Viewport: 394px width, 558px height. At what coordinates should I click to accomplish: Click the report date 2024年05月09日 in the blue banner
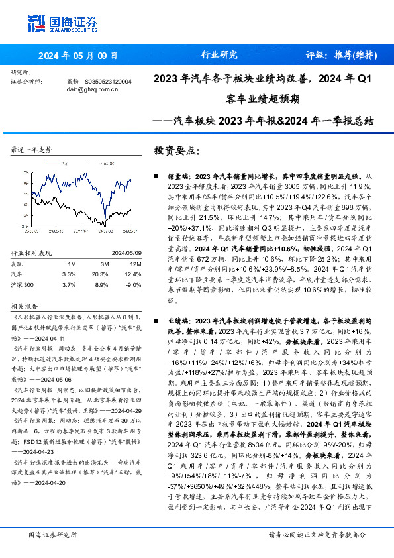pos(78,56)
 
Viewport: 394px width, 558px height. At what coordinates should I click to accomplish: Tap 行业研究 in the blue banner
pos(218,55)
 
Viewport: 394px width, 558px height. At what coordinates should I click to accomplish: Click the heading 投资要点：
pos(176,150)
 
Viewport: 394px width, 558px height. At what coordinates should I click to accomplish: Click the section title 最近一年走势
pos(31,150)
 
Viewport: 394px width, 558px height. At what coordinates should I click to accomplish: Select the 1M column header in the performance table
pos(71,264)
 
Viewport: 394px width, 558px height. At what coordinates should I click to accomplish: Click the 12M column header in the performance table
pos(132,264)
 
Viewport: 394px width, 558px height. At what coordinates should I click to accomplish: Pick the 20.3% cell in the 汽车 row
pos(101,274)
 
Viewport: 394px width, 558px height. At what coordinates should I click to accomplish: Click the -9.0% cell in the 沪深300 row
pos(132,284)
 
